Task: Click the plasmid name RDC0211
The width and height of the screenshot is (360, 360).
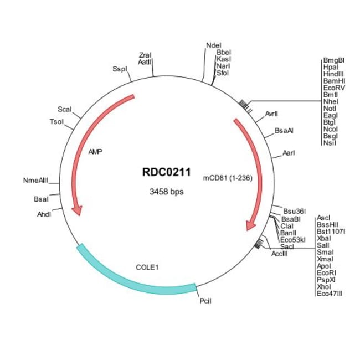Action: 167,173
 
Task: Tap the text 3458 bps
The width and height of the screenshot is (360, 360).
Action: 167,192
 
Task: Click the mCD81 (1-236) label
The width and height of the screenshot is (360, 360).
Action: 227,178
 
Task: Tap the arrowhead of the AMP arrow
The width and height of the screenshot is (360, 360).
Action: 78,210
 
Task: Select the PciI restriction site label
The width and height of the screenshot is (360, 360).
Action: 205,301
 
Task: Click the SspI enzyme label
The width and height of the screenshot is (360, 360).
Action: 119,69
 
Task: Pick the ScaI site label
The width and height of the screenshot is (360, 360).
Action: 65,109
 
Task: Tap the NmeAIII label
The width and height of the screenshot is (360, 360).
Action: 36,181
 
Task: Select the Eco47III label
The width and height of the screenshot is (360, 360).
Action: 330,294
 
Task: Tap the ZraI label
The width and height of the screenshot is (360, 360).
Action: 146,55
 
